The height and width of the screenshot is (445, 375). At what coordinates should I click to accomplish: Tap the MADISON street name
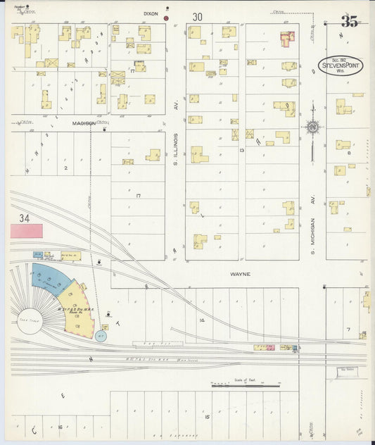tap(84, 123)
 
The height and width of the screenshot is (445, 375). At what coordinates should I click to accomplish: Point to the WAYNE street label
tap(239, 274)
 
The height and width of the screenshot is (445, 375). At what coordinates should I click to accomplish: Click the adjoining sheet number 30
tap(197, 16)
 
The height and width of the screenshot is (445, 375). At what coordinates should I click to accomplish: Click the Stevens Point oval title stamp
tap(340, 65)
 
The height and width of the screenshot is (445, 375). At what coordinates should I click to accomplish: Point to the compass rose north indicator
tap(312, 128)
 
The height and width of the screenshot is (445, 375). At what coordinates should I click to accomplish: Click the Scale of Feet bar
tap(246, 385)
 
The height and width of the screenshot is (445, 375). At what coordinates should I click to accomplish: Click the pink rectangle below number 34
tap(26, 230)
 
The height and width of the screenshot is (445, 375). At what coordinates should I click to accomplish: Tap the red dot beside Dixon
tap(167, 18)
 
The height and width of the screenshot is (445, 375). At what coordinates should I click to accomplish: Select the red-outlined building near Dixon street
tap(287, 38)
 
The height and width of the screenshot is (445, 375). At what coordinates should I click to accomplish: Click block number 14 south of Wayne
tap(201, 320)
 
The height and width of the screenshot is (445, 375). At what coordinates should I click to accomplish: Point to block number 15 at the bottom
tap(206, 417)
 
